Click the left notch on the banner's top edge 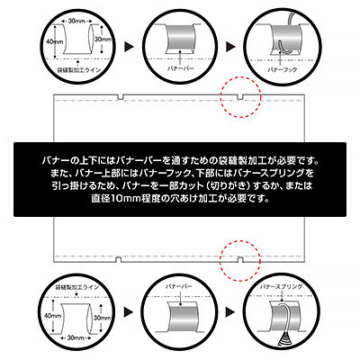[121, 96]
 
